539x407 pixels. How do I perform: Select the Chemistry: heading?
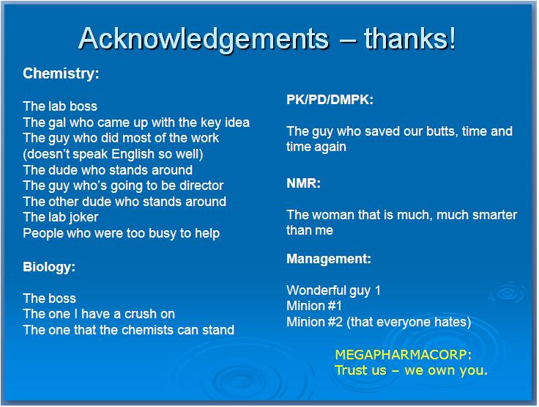pyautogui.click(x=61, y=73)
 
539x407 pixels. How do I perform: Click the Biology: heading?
pyautogui.click(x=49, y=267)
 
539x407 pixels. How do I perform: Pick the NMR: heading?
pyautogui.click(x=303, y=183)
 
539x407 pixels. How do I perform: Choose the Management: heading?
pyautogui.click(x=328, y=259)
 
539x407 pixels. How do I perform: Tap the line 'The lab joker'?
pyautogui.click(x=61, y=217)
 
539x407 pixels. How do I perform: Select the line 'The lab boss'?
pyautogui.click(x=60, y=106)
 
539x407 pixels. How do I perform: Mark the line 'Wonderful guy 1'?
pyautogui.click(x=334, y=290)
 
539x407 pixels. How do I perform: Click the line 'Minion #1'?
pyautogui.click(x=314, y=307)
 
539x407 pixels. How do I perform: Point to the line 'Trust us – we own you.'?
pyautogui.click(x=411, y=370)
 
